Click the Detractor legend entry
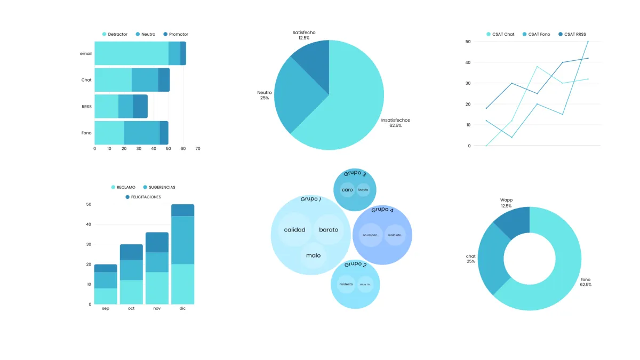pyautogui.click(x=115, y=34)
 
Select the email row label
pyautogui.click(x=86, y=53)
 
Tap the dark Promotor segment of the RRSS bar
pyautogui.click(x=140, y=106)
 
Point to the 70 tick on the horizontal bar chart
pyautogui.click(x=198, y=148)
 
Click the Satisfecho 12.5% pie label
pyautogui.click(x=304, y=35)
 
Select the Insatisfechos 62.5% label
pyautogui.click(x=395, y=123)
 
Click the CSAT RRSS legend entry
pyautogui.click(x=572, y=34)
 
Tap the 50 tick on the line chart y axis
pyautogui.click(x=468, y=41)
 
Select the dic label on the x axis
pyautogui.click(x=182, y=308)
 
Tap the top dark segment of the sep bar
pyautogui.click(x=106, y=268)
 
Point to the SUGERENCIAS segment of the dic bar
pyautogui.click(x=182, y=239)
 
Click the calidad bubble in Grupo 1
pyautogui.click(x=294, y=230)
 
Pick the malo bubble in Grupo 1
pyautogui.click(x=314, y=255)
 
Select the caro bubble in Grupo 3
pyautogui.click(x=347, y=189)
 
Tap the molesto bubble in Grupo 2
pyautogui.click(x=346, y=284)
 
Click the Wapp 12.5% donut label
pyautogui.click(x=506, y=203)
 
